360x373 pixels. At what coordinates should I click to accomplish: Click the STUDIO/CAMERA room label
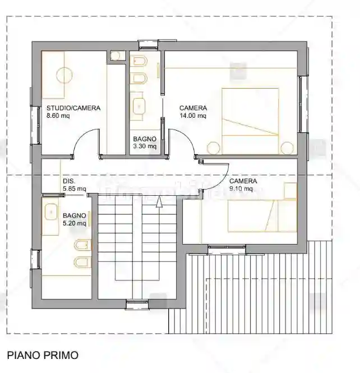point(73,108)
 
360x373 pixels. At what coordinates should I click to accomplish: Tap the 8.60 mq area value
point(58,116)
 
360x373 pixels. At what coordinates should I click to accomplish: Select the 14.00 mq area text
point(193,116)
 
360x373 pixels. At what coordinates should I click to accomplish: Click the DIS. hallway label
point(69,181)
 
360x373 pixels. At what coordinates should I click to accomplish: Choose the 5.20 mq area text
point(75,223)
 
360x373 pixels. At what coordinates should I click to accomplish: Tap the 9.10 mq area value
point(241,189)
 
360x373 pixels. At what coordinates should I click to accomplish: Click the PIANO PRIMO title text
point(42,355)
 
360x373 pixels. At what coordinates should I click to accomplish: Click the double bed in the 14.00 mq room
point(250,120)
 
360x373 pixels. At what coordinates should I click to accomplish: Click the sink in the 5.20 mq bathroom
point(52,211)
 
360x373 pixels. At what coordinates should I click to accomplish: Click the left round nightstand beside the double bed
point(213,149)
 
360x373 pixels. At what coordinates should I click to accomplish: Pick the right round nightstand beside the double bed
point(287,148)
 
